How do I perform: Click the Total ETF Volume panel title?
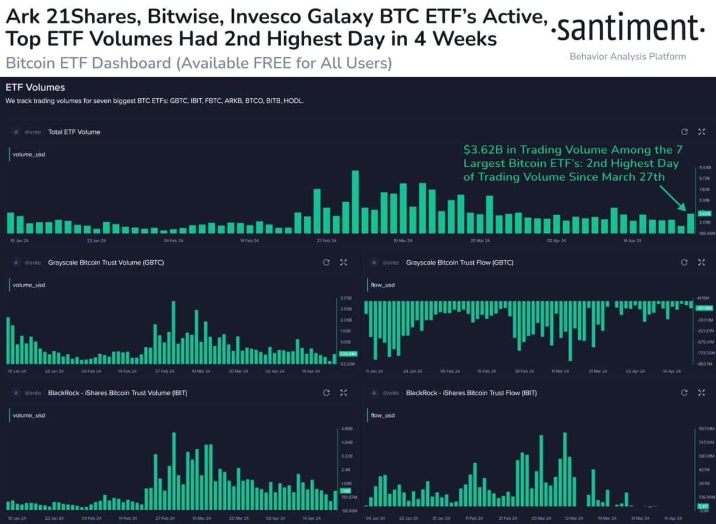74,132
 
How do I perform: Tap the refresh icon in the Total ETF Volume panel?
684,132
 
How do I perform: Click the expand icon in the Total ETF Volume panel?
701,132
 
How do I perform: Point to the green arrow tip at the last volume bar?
686,209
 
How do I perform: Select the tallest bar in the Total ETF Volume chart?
355,202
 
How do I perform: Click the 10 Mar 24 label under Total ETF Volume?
403,240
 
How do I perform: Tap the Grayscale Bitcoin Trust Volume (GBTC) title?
106,263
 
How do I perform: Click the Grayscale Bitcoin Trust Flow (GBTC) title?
459,263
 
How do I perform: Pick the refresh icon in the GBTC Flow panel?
684,263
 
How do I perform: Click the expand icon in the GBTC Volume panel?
344,263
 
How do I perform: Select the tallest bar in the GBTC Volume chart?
174,332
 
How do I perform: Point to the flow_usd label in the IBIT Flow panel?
383,415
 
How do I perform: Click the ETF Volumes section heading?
35,88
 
